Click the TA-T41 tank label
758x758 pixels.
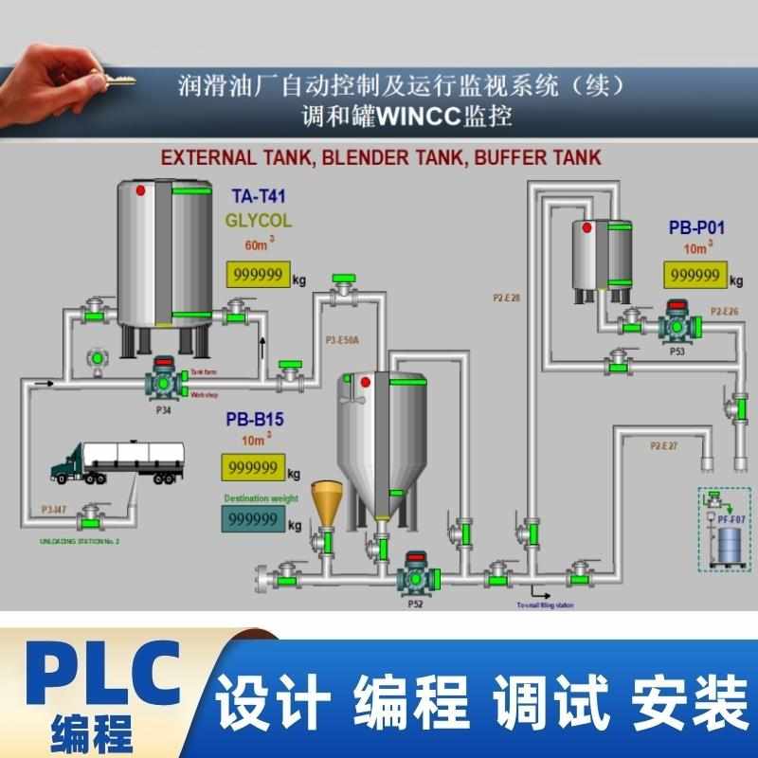click(x=258, y=198)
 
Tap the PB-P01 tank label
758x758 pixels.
click(x=696, y=227)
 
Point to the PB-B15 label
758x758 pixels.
click(x=255, y=418)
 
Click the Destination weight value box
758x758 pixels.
click(x=253, y=519)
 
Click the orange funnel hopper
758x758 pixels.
click(x=328, y=501)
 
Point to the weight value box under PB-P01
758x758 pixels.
click(x=695, y=275)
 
